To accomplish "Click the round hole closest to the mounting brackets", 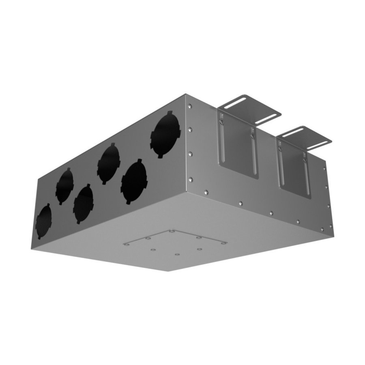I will [165, 133].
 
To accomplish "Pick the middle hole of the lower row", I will [84, 204].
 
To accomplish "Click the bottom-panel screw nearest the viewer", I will [177, 255].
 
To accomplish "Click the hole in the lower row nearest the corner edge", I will [134, 182].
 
